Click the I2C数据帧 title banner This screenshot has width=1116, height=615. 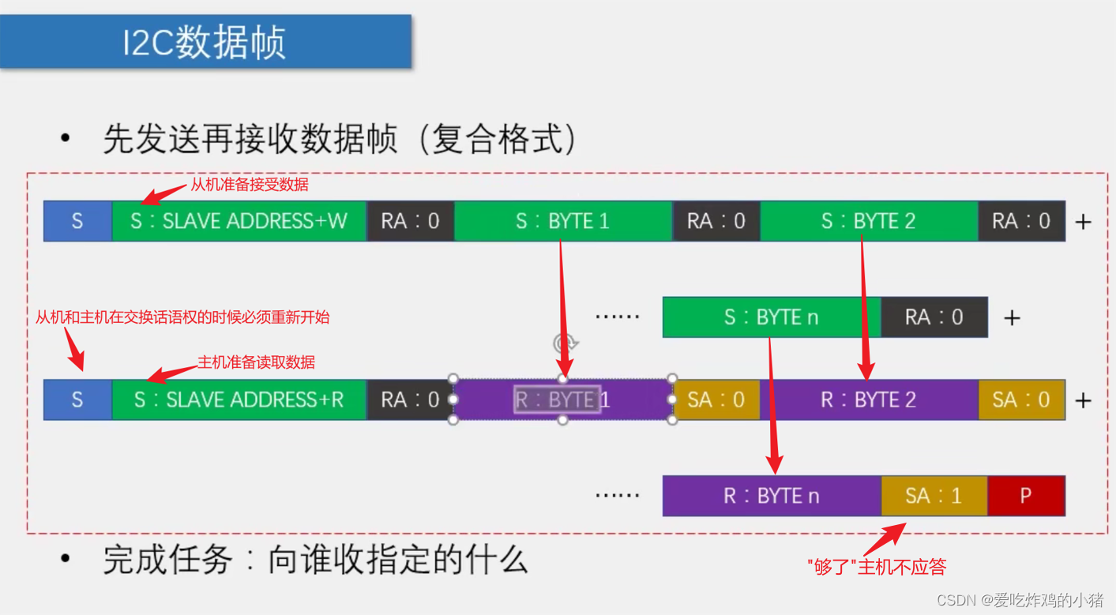tap(205, 41)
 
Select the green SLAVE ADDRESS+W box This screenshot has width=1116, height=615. tap(239, 221)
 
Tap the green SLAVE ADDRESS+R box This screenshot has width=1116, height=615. tap(239, 399)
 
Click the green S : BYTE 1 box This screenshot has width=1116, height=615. tap(562, 221)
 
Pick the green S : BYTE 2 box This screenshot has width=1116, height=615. tap(868, 221)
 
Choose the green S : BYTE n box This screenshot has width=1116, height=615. tap(771, 317)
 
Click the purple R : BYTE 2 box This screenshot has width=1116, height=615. tap(868, 399)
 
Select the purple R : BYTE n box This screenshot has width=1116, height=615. tap(771, 496)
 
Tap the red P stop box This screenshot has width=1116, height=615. tap(1025, 496)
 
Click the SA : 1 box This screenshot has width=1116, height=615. tap(934, 496)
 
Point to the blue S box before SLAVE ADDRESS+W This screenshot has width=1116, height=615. tap(77, 221)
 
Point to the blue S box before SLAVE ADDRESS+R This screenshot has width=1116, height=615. tap(77, 399)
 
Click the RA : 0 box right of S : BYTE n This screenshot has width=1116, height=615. tap(934, 317)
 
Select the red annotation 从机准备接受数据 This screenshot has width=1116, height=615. tap(250, 185)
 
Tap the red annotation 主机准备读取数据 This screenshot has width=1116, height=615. tap(256, 362)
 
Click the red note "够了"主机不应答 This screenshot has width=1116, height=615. tap(877, 566)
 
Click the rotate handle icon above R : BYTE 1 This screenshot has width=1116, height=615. tap(566, 343)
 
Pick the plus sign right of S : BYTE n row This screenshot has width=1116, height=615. tap(1012, 317)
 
